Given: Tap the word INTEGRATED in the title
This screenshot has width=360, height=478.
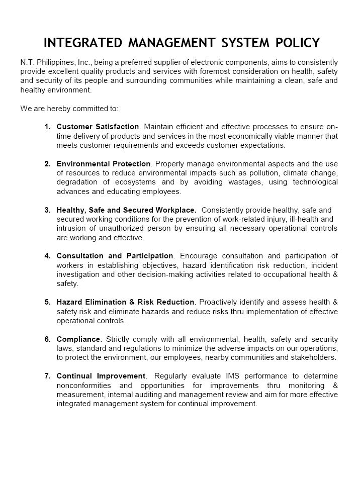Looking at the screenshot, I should pyautogui.click(x=82, y=43).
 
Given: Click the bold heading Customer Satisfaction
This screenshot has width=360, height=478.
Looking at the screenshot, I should pyautogui.click(x=98, y=127).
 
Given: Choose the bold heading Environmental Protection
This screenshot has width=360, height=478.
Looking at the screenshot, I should pyautogui.click(x=104, y=164).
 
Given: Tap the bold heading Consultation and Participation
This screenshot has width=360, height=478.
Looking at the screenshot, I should pyautogui.click(x=116, y=256).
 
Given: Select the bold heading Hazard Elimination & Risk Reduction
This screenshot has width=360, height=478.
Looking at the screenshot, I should pyautogui.click(x=125, y=302).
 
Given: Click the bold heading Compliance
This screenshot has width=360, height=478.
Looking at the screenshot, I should pyautogui.click(x=78, y=339).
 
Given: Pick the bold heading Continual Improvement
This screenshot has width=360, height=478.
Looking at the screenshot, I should pyautogui.click(x=101, y=376).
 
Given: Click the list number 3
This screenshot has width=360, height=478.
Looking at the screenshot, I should pyautogui.click(x=47, y=210).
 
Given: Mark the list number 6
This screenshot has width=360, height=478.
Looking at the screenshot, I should pyautogui.click(x=47, y=339).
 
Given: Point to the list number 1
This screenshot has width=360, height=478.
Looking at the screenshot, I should pyautogui.click(x=47, y=127).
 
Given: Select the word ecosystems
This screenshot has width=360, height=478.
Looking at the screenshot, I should pyautogui.click(x=136, y=182).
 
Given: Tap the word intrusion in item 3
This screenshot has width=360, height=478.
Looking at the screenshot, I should pyautogui.click(x=71, y=229).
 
